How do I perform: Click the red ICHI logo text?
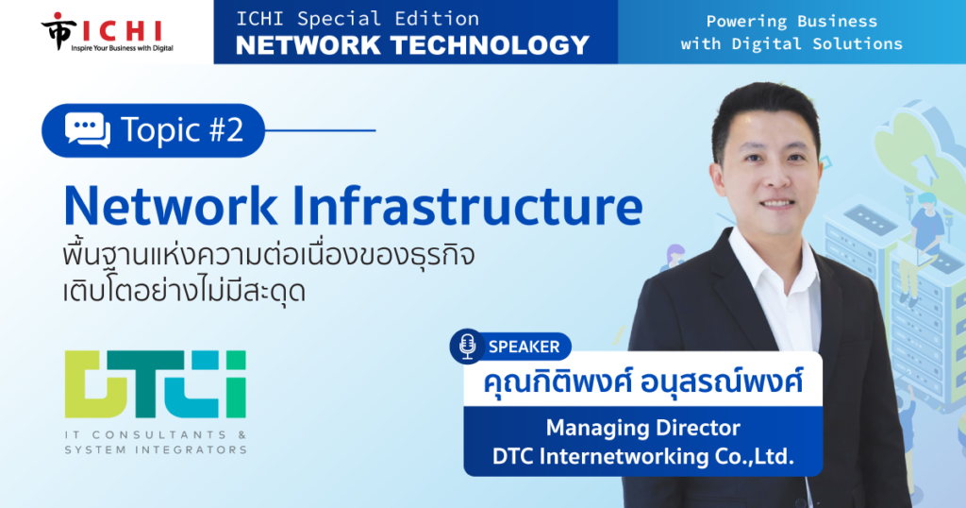coord(122,30)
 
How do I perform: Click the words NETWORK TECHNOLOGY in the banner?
coord(413,45)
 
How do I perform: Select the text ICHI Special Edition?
coord(358,19)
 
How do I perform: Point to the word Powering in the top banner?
coord(746,22)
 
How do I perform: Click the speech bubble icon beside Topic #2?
coord(88,130)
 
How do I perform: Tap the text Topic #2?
coord(182,130)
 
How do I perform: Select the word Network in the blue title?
coord(171,206)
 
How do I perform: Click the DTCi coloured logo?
coord(156,384)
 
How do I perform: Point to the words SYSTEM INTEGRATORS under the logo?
coord(156,450)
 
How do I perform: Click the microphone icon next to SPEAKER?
coord(468,346)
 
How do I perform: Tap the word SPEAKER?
coord(524,347)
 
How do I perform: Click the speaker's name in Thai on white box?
coord(642,381)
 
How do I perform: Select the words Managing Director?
coord(643,428)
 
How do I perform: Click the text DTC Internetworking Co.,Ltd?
coord(643,457)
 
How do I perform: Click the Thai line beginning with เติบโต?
coord(184,290)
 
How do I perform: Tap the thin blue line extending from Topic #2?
coord(321,130)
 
